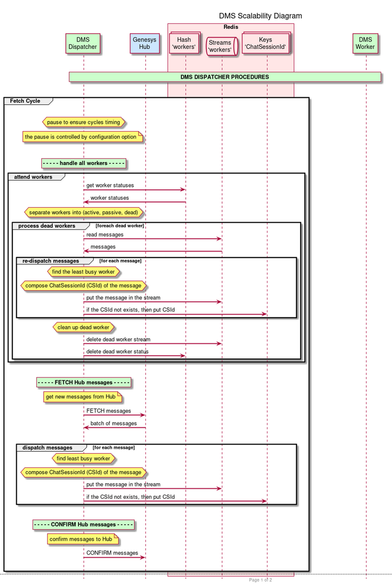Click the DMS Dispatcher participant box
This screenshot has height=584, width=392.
[x=83, y=43]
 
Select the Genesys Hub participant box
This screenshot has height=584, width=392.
[x=145, y=43]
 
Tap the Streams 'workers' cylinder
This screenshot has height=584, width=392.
[x=222, y=46]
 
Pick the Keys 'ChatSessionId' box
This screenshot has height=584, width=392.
[x=266, y=43]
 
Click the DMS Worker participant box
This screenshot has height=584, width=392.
[x=365, y=43]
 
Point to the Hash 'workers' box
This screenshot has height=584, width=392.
[x=184, y=43]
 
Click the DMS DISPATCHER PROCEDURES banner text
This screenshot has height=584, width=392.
[x=224, y=77]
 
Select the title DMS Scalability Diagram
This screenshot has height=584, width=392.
[x=260, y=16]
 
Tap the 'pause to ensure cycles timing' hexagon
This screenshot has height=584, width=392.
[x=84, y=122]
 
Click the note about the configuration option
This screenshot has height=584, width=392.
[x=82, y=137]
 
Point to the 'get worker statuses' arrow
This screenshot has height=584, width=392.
[x=134, y=189]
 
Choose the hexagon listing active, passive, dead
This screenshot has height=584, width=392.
[x=84, y=212]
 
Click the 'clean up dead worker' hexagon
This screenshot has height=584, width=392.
[x=84, y=327]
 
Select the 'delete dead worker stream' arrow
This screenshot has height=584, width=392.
[x=152, y=343]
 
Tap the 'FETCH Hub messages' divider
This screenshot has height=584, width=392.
[x=84, y=382]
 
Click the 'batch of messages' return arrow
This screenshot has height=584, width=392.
[x=115, y=427]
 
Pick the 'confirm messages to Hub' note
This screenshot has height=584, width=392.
[x=83, y=539]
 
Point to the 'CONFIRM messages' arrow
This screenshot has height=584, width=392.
[x=114, y=557]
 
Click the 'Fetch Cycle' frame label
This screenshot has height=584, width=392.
[x=25, y=101]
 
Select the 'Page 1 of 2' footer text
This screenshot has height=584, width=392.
[x=260, y=580]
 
